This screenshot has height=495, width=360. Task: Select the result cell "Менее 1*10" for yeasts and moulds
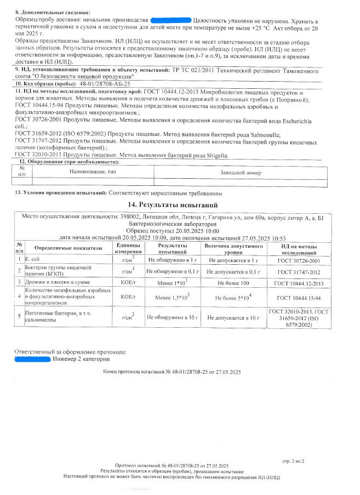[170, 283]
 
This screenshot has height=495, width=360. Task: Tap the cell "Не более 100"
[235, 283]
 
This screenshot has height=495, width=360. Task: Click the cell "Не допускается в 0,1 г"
[235, 271]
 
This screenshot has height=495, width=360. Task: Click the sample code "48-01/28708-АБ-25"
[105, 84]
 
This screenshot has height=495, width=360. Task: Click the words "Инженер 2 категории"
[81, 359]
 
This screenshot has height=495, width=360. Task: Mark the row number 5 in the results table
[19, 317]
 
